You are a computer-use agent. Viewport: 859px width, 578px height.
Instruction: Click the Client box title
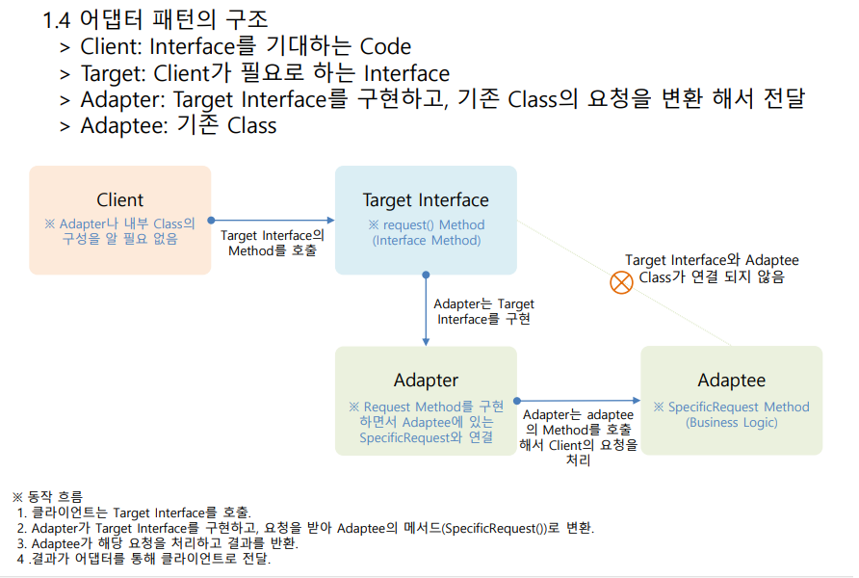coord(119,200)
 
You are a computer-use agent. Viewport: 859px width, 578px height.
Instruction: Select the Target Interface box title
coord(426,200)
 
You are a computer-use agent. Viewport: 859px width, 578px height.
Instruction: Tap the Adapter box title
coord(426,381)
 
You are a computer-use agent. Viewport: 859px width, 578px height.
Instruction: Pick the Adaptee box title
coord(731,381)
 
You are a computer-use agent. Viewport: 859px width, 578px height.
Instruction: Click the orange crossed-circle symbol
coord(622,283)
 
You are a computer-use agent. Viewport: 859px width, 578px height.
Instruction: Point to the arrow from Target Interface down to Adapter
coord(426,309)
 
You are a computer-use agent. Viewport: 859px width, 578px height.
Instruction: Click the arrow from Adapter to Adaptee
coord(579,400)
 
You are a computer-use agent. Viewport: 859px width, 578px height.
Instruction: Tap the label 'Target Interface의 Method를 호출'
coord(273,243)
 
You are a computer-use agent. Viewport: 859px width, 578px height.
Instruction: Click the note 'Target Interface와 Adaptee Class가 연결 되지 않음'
coord(712,269)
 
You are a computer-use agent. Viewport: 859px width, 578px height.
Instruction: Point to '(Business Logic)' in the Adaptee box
coord(731,422)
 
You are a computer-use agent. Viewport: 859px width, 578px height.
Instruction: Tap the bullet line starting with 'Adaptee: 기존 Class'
coord(178,125)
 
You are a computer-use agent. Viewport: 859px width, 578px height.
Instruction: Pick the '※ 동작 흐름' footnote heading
coord(47,496)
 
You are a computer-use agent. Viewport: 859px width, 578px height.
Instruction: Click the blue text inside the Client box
coord(119,231)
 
